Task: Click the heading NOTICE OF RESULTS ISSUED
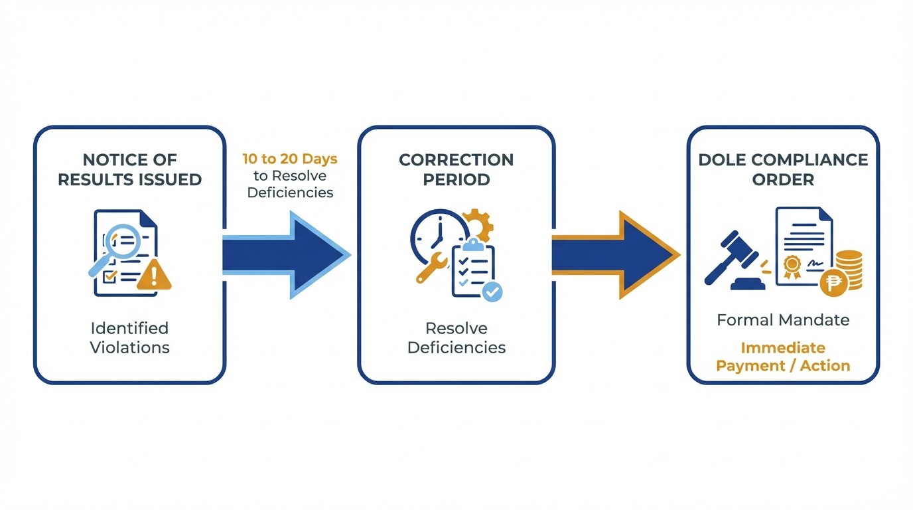(x=129, y=169)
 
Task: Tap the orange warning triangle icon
(x=154, y=276)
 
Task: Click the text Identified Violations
(x=129, y=337)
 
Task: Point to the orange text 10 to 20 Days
(x=289, y=159)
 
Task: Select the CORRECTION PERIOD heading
(x=456, y=169)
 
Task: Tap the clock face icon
(x=438, y=236)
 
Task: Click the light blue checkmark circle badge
(x=492, y=291)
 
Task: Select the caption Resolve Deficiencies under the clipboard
(x=456, y=337)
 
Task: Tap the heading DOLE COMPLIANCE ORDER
(x=783, y=169)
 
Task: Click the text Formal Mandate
(x=783, y=320)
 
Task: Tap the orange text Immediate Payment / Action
(x=783, y=357)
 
